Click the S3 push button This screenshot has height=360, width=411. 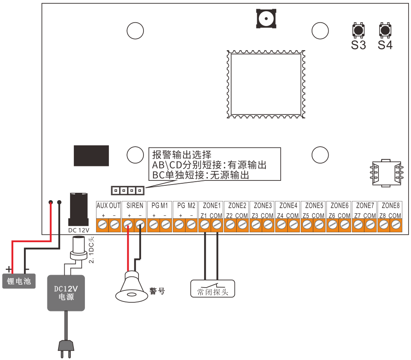(x=358, y=30)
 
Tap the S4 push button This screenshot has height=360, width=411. (x=385, y=30)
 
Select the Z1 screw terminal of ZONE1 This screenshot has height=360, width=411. (x=204, y=224)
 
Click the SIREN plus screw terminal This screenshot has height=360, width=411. (x=128, y=224)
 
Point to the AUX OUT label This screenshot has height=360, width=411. (x=108, y=205)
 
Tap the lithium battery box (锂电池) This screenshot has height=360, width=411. (x=19, y=282)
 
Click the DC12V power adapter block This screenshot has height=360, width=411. (x=66, y=292)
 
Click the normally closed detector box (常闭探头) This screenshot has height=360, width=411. (x=212, y=288)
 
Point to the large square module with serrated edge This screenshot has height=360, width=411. (x=266, y=84)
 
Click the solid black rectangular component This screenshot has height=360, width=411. (x=91, y=155)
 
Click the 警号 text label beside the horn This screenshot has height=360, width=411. (x=157, y=291)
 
